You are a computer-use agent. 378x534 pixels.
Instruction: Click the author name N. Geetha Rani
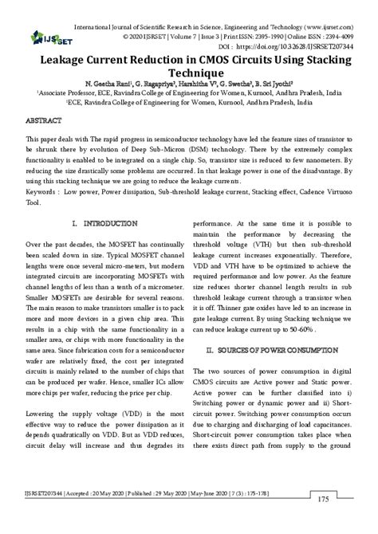[x=96, y=83]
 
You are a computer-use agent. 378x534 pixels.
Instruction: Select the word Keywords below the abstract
[x=44, y=192]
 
